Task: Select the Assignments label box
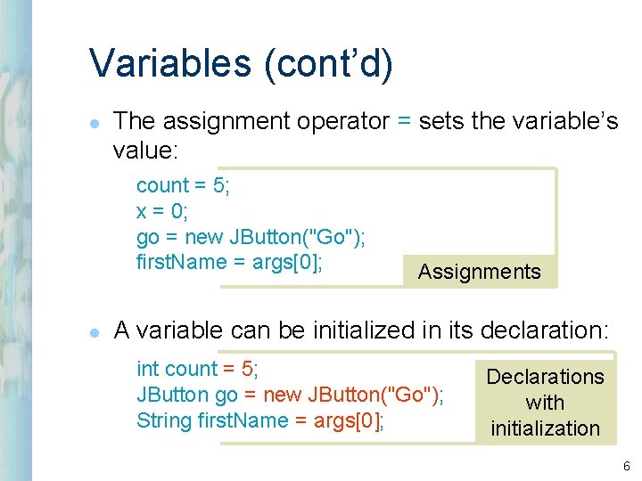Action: tap(480, 272)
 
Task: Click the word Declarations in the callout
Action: tap(545, 377)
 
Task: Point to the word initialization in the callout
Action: tap(545, 428)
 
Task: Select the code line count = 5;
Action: tap(183, 185)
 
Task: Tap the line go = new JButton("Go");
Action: tap(251, 237)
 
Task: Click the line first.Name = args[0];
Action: tap(229, 263)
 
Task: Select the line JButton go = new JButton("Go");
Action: tap(290, 395)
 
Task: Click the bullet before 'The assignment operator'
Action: tap(93, 123)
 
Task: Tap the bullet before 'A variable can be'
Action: tap(93, 331)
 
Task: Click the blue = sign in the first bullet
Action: tap(404, 121)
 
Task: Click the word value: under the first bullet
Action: tap(146, 151)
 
